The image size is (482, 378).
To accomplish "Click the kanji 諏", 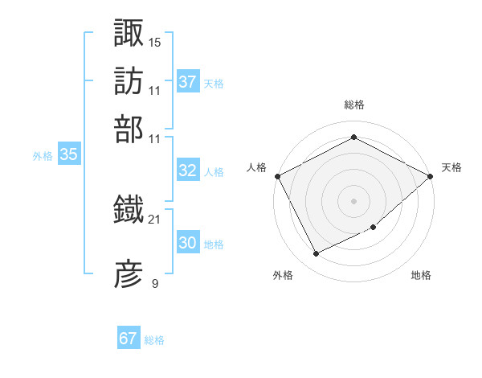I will pyautogui.click(x=129, y=33).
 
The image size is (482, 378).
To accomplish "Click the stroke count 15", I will pyautogui.click(x=155, y=41).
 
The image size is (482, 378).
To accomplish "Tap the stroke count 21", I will pyautogui.click(x=155, y=218).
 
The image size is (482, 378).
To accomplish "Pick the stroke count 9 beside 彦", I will pyautogui.click(x=155, y=283).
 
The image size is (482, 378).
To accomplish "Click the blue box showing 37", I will pyautogui.click(x=187, y=82).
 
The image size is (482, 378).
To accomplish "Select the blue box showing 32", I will pyautogui.click(x=187, y=171).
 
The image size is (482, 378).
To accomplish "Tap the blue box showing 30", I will pyautogui.click(x=187, y=243).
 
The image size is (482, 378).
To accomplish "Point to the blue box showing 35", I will pyautogui.click(x=68, y=155).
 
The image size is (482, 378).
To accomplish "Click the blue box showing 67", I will pyautogui.click(x=129, y=339).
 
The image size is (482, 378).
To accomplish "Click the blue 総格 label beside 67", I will pyautogui.click(x=154, y=340).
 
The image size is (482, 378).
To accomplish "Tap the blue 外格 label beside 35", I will pyautogui.click(x=43, y=156).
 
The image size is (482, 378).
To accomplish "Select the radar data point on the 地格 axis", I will pyautogui.click(x=374, y=228).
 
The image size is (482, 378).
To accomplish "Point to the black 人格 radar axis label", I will pyautogui.click(x=256, y=167).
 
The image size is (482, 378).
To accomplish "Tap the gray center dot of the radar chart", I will pyautogui.click(x=354, y=200).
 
